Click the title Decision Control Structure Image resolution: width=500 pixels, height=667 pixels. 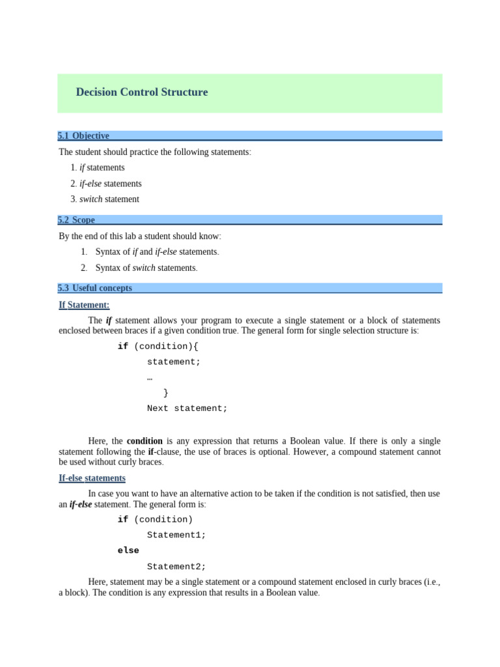click(142, 92)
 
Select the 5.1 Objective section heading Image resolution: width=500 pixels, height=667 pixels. click(83, 135)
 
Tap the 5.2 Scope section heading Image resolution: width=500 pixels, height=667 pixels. click(76, 220)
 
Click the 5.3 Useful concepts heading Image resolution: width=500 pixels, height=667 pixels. click(95, 288)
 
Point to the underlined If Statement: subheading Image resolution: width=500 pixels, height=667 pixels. click(84, 305)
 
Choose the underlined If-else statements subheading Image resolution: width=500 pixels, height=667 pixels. click(92, 478)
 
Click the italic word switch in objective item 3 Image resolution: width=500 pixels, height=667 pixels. click(90, 199)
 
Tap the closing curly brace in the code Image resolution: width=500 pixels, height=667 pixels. click(166, 393)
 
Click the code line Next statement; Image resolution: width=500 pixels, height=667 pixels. click(187, 408)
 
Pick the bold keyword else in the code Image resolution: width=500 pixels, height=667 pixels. click(128, 550)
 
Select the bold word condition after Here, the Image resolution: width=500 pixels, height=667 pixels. click(145, 441)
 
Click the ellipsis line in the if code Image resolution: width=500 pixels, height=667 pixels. click(150, 378)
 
